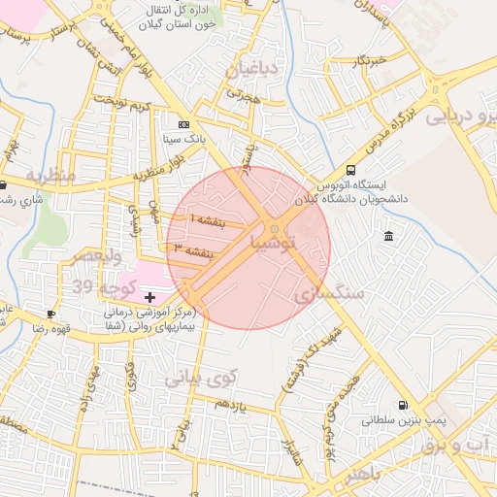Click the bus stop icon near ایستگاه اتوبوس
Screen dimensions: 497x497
tap(350, 171)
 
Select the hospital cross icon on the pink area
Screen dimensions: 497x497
tap(149, 295)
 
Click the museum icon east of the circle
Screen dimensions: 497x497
tap(388, 237)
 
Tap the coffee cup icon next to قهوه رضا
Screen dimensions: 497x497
tap(50, 315)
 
